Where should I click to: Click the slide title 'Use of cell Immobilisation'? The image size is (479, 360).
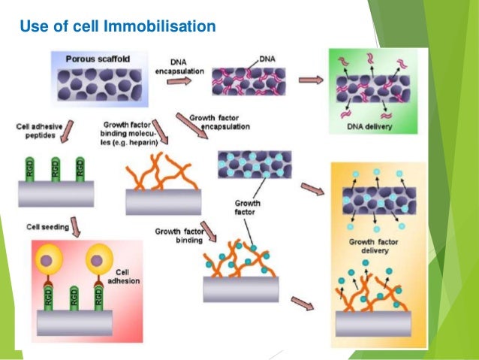[117, 28]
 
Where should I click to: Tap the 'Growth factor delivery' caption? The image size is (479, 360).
[373, 247]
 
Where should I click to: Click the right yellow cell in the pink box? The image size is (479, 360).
[101, 262]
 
